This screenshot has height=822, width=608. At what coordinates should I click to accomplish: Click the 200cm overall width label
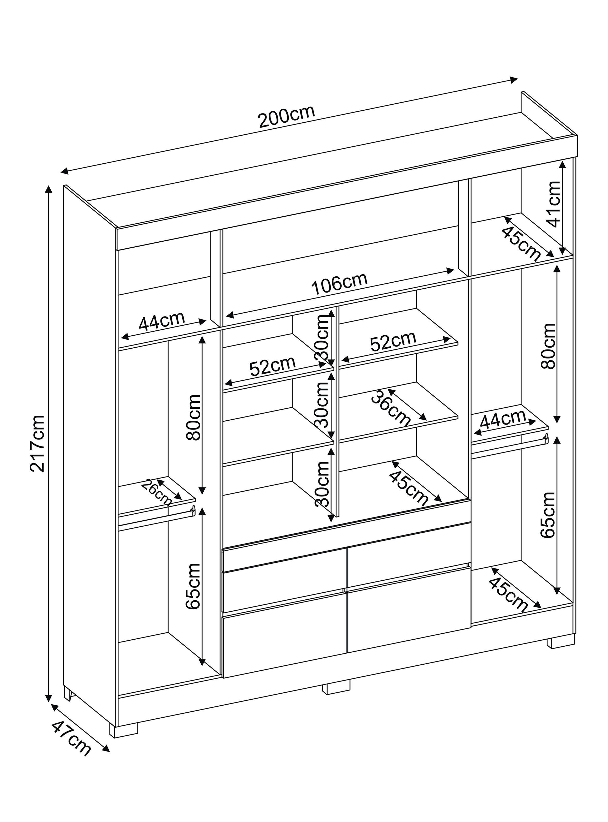(x=287, y=117)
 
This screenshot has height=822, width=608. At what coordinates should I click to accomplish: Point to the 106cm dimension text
(x=339, y=283)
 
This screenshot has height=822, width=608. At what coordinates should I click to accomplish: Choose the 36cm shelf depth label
(x=390, y=409)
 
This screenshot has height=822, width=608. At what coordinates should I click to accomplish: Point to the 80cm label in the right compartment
(x=548, y=346)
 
